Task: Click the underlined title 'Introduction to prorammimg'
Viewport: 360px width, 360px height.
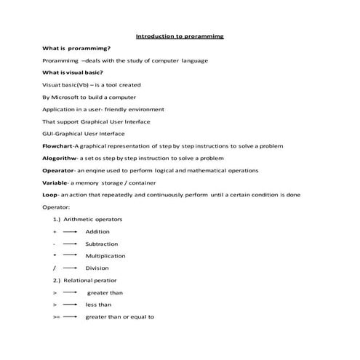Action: (180, 35)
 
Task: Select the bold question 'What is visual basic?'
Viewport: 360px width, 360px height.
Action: (73, 73)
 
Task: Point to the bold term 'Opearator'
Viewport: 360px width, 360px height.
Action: (59, 170)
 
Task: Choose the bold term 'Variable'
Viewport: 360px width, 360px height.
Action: (56, 183)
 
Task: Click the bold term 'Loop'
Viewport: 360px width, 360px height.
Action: (50, 195)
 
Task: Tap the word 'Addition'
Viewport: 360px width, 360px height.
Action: (97, 231)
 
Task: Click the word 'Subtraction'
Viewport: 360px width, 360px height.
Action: (101, 244)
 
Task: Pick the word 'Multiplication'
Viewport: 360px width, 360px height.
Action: (105, 256)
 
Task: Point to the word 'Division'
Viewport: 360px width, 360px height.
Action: (97, 268)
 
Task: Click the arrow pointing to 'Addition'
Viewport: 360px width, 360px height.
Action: (70, 231)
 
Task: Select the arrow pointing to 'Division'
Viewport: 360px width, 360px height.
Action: (70, 268)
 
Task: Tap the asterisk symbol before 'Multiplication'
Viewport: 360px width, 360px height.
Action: (55, 256)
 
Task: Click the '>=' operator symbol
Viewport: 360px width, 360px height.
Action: (56, 317)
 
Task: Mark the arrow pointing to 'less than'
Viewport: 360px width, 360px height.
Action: (70, 305)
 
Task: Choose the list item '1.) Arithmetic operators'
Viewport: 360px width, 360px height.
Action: (87, 219)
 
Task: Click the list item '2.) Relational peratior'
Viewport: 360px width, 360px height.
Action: (84, 280)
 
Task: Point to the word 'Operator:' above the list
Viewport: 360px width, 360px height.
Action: (56, 207)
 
